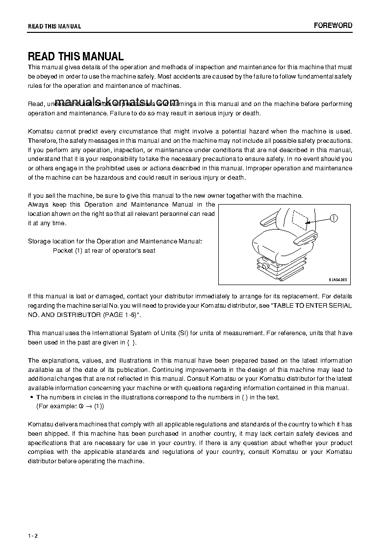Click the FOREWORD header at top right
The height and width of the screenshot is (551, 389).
point(333,26)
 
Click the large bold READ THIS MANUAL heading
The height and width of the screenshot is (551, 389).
point(76,56)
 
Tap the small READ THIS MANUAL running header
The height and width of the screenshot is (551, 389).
point(54,26)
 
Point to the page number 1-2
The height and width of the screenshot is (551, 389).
point(33,535)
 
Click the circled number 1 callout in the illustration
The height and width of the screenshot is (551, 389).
point(333,218)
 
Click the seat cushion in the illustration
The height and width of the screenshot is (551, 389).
point(275,245)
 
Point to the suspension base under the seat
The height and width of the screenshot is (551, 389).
point(280,267)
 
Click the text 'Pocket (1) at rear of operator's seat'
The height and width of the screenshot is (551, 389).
point(104,251)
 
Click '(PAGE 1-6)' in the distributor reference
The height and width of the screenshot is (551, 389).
point(122,315)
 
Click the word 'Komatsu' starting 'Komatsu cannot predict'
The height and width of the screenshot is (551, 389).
point(38,131)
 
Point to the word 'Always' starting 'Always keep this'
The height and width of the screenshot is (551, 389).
point(38,204)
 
